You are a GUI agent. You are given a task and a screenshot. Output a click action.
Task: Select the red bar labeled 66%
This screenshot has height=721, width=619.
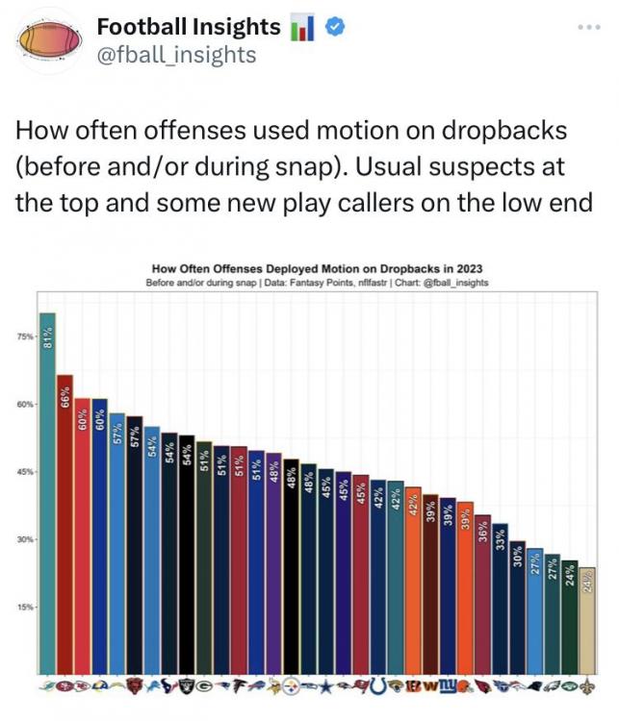65,524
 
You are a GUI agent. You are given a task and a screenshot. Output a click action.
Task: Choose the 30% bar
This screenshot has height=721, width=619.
518,607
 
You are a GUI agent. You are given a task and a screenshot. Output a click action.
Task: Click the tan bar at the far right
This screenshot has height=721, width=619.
587,620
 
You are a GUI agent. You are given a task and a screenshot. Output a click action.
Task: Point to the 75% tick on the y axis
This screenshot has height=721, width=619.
26,336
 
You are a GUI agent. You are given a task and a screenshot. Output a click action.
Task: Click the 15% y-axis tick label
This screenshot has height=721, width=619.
26,607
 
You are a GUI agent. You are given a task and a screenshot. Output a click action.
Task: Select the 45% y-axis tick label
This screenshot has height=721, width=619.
26,472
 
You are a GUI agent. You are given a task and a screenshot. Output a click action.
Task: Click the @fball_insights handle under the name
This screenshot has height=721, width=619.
176,55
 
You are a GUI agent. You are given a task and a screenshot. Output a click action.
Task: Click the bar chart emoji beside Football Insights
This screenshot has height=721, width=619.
302,28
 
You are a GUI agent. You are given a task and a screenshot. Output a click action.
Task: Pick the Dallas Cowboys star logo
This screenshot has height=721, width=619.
326,686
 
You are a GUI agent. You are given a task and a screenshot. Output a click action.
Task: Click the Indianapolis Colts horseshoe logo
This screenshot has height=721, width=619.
378,686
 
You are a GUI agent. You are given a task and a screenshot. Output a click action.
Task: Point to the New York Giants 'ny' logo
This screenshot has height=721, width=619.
448,686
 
